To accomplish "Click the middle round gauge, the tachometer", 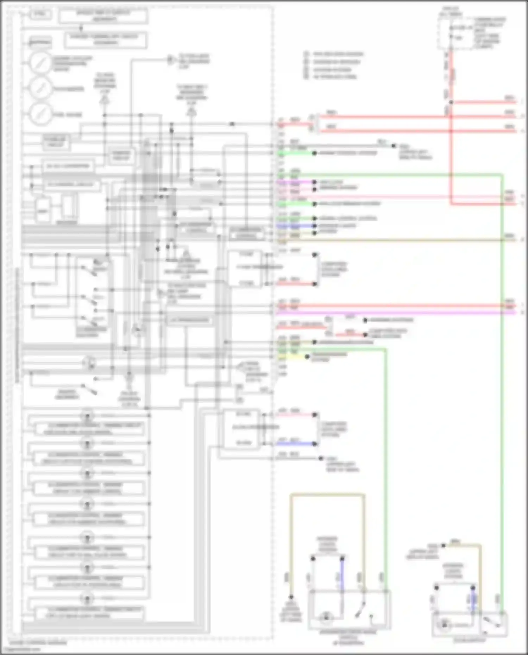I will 40,88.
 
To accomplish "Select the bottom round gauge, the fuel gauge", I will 40,114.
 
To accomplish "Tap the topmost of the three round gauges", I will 40,62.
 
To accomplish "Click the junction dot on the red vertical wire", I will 451,102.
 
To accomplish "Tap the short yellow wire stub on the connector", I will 292,357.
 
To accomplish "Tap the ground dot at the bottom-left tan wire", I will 291,597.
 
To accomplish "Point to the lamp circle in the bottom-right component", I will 445,625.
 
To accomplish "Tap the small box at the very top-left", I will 41,15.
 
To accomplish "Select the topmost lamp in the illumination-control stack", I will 87,415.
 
